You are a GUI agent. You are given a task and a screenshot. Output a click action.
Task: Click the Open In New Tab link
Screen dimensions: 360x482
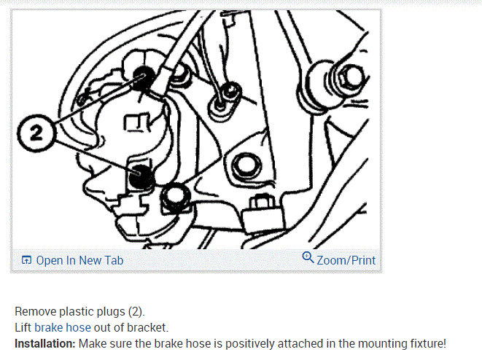79,260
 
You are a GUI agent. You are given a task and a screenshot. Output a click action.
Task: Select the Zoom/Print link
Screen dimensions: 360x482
346,260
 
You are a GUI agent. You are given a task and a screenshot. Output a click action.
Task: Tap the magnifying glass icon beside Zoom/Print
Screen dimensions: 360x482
308,259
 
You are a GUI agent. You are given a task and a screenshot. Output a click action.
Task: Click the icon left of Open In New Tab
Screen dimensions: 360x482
27,260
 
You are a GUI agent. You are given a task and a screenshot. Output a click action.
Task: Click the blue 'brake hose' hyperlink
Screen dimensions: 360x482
63,328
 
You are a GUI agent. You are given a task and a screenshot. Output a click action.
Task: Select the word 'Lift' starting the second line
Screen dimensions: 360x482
23,328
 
